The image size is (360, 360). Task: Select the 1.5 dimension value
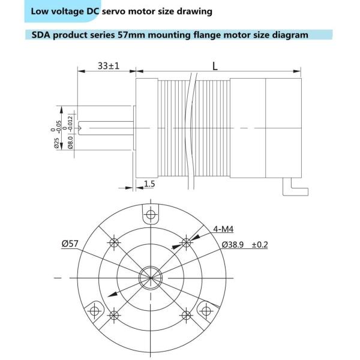(x=149, y=184)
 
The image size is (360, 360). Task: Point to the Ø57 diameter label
(x=70, y=244)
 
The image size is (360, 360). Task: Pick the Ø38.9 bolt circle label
(x=234, y=244)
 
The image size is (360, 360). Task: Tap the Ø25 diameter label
(x=56, y=142)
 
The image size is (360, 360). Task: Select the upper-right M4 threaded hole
(x=187, y=243)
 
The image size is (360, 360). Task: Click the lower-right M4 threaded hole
(x=187, y=314)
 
